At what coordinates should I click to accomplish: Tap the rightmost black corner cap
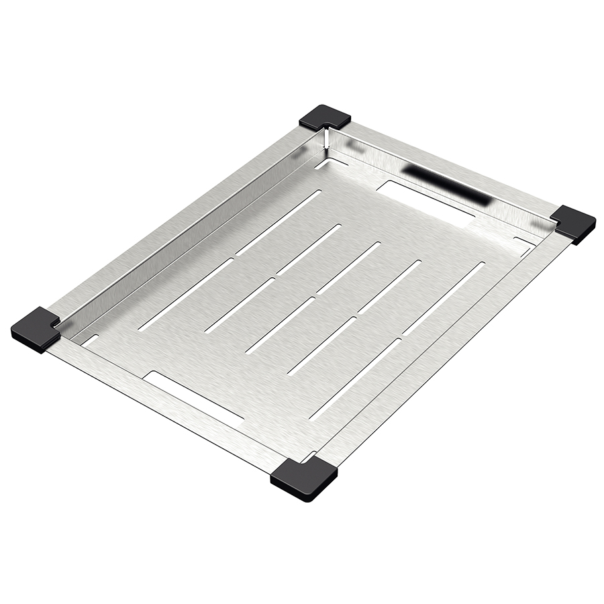coord(574,223)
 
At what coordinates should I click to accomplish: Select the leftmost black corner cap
coord(36,329)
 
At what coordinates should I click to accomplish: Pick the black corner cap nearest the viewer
coord(304,479)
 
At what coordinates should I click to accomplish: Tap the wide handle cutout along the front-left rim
coord(193,399)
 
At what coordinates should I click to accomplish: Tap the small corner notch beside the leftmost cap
coord(89,340)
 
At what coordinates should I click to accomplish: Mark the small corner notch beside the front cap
coord(310,458)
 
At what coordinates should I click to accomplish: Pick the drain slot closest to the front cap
coord(355,379)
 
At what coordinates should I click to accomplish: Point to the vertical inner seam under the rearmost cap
coord(324,139)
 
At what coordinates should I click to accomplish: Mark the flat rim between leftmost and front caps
coord(161,409)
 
